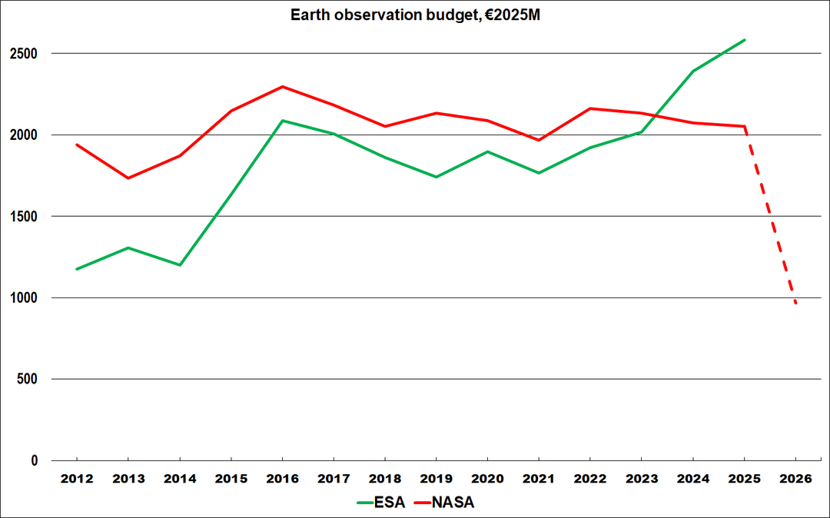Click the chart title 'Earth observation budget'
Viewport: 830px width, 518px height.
[415, 15]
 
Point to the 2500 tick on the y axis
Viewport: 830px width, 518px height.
[29, 54]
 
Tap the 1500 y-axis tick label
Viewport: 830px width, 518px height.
[29, 217]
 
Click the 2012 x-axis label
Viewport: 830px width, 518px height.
[77, 479]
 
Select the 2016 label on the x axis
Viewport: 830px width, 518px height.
[282, 479]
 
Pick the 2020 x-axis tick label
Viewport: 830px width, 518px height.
[487, 479]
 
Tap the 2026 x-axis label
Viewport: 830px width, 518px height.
[795, 479]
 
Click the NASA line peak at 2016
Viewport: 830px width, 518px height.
[282, 87]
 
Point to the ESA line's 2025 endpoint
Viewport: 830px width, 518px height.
[745, 40]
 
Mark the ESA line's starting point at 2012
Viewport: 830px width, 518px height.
[77, 269]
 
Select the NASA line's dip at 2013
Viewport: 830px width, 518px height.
[128, 178]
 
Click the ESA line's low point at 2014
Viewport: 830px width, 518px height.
[180, 265]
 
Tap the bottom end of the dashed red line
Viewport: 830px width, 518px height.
[795, 304]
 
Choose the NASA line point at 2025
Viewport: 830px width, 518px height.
[745, 127]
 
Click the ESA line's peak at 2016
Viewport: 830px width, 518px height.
[282, 121]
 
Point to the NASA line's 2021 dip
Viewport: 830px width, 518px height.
[539, 140]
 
